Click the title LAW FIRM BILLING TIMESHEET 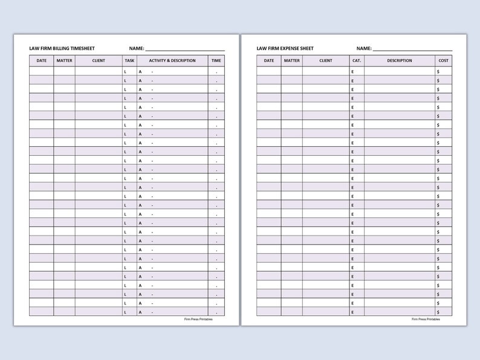pos(62,48)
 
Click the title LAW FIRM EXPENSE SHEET pos(285,48)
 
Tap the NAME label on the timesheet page pos(136,48)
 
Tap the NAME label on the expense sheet pos(363,48)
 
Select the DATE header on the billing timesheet pos(41,60)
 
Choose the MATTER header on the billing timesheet pos(64,60)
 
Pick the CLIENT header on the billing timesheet pos(99,60)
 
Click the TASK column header pos(129,60)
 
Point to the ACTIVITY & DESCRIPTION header pos(172,60)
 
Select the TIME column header pos(216,60)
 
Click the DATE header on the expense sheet pos(268,60)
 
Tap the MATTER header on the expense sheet pos(291,60)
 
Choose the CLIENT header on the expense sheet pos(326,60)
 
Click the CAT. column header pos(356,60)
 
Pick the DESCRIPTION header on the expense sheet pos(400,60)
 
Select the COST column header pos(444,60)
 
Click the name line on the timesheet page pos(185,50)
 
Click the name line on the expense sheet pos(412,50)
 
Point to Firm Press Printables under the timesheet pos(198,320)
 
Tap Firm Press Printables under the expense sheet pos(426,320)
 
